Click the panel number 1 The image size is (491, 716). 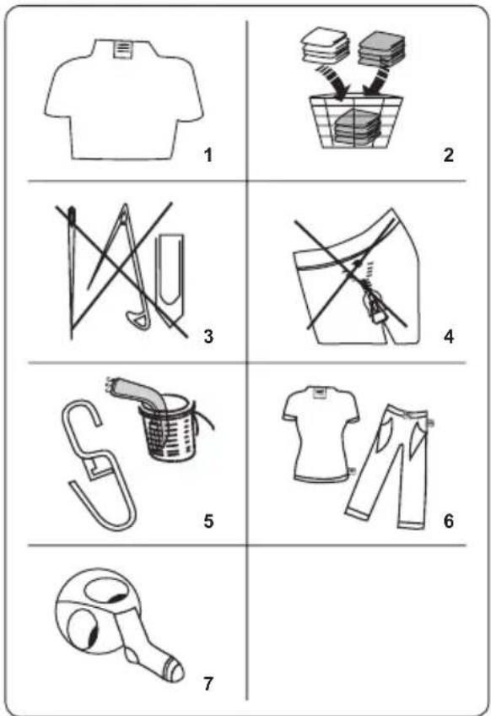[x=208, y=155]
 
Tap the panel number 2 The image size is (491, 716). [x=449, y=155]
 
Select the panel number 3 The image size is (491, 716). [x=208, y=337]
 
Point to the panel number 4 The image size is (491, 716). [x=449, y=337]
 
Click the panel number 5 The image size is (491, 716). [x=208, y=521]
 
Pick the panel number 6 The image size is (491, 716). [x=449, y=521]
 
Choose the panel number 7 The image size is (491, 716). [x=208, y=684]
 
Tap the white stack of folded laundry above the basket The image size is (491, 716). [x=325, y=46]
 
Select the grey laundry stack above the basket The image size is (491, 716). [x=382, y=48]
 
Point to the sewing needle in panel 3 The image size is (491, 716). [x=72, y=273]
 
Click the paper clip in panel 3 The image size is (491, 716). [x=170, y=279]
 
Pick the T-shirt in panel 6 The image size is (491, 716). [x=320, y=433]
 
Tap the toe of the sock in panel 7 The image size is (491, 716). [x=175, y=670]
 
